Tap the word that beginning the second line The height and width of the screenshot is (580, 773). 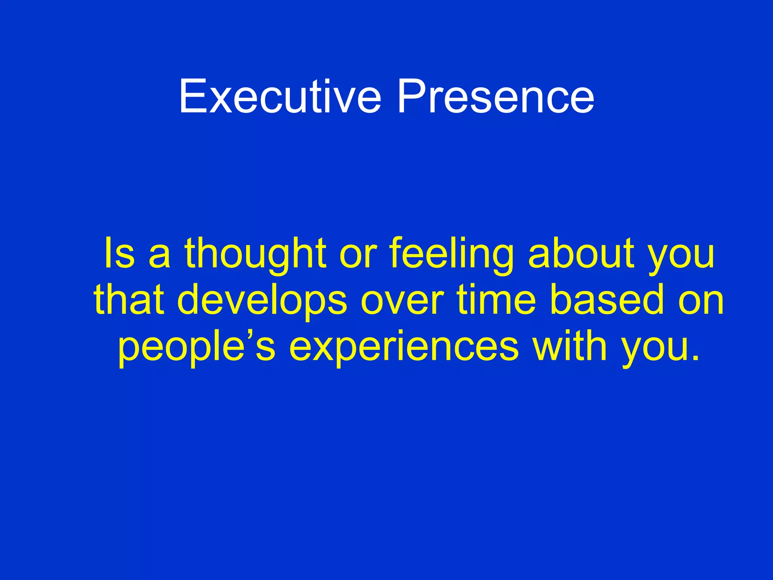pyautogui.click(x=129, y=299)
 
